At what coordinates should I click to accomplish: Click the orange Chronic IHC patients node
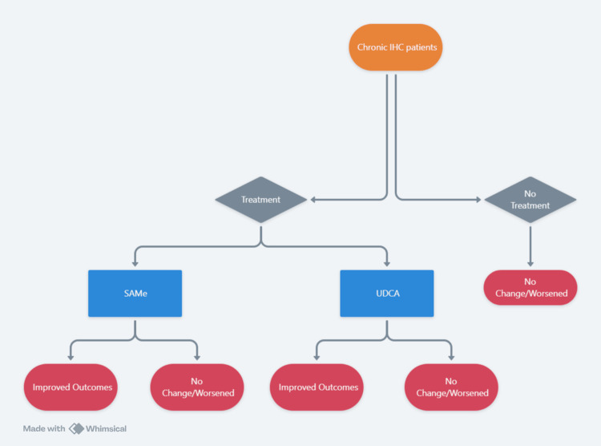(x=396, y=47)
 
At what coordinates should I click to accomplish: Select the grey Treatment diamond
(x=261, y=200)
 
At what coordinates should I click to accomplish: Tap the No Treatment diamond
(x=530, y=200)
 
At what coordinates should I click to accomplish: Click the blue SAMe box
(x=135, y=294)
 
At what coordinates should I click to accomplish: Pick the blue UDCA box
(x=387, y=294)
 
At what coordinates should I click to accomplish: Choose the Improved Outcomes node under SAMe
(x=71, y=387)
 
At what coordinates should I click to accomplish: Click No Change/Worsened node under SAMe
(x=197, y=387)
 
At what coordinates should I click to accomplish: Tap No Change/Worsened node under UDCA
(x=451, y=387)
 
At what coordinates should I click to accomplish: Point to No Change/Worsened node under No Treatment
(x=530, y=287)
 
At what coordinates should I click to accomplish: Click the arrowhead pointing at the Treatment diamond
(x=313, y=200)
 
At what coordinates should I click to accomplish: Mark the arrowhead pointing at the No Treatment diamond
(x=478, y=200)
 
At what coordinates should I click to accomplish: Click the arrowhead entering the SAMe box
(x=135, y=264)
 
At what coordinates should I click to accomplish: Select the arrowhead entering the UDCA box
(x=387, y=264)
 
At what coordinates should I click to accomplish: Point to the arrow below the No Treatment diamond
(x=530, y=246)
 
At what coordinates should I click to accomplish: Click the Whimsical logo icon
(x=76, y=428)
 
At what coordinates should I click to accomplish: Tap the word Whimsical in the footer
(x=106, y=428)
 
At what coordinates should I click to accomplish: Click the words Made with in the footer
(x=44, y=428)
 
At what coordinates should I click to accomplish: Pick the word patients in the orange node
(x=422, y=47)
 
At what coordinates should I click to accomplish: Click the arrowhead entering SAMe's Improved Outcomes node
(x=71, y=357)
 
